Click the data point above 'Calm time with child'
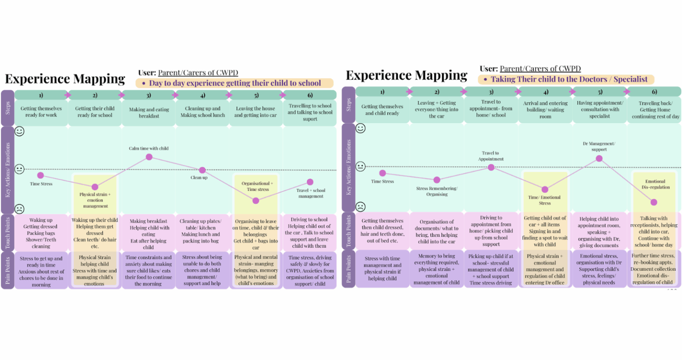pyautogui.click(x=149, y=157)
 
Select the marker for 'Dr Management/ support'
pyautogui.click(x=599, y=159)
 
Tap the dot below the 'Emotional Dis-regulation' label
pyautogui.click(x=654, y=202)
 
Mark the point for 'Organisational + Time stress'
pyautogui.click(x=256, y=201)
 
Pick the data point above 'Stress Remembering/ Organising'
pyautogui.click(x=437, y=180)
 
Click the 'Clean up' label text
pyautogui.click(x=199, y=178)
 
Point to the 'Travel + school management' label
pyautogui.click(x=311, y=193)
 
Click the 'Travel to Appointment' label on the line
pyautogui.click(x=491, y=156)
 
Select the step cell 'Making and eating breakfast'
pyautogui.click(x=149, y=113)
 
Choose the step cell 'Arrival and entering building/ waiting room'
pyautogui.click(x=545, y=109)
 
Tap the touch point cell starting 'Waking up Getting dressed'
pyautogui.click(x=41, y=233)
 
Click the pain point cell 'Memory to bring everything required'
pyautogui.click(x=437, y=269)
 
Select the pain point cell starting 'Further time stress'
pyautogui.click(x=654, y=269)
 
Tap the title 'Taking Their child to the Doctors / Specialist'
pyautogui.click(x=569, y=79)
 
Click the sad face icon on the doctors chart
pyautogui.click(x=360, y=207)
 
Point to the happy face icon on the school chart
pyautogui.click(x=19, y=131)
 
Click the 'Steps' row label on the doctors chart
pyautogui.click(x=349, y=104)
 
